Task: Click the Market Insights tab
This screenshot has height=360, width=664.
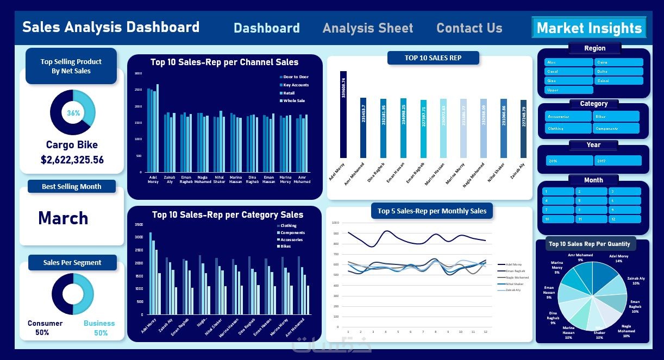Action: point(589,28)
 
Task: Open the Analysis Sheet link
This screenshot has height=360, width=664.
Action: point(367,28)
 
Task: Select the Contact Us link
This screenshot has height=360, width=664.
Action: point(469,28)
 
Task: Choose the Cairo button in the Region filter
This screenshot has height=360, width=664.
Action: point(618,62)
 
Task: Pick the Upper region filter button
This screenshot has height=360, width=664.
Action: point(568,90)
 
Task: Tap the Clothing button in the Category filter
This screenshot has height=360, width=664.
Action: point(568,129)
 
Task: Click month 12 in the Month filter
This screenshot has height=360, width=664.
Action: point(625,219)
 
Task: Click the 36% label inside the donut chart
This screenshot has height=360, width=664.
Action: point(73,113)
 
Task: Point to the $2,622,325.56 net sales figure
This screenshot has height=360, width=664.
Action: point(72,160)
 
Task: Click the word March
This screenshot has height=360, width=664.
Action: point(63,218)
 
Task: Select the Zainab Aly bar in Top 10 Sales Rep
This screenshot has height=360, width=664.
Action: point(523,129)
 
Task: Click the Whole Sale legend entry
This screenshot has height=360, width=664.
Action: point(293,101)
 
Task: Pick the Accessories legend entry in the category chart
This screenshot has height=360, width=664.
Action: point(291,239)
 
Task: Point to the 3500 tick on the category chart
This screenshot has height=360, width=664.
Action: point(139,225)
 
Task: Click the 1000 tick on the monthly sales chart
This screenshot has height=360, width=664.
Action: point(335,223)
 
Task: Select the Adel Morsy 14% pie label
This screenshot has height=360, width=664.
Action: point(618,258)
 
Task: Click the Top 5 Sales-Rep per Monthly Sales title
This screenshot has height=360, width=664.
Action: point(431,211)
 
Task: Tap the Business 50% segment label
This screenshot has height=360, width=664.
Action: point(99,328)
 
